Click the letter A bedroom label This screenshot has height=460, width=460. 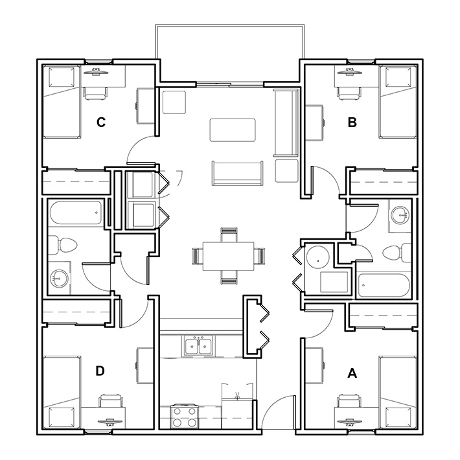pos(352,373)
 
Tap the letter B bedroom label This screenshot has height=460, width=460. pos(352,121)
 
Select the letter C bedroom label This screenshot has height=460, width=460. pos(100,121)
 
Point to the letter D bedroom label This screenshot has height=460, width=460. pos(100,371)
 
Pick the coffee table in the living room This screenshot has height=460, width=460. pos(233,130)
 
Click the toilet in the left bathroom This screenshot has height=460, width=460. pos(64,244)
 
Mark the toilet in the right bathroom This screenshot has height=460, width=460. pos(396,251)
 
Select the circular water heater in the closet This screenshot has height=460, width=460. pos(317,257)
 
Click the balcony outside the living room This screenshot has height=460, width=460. pos(229,54)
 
